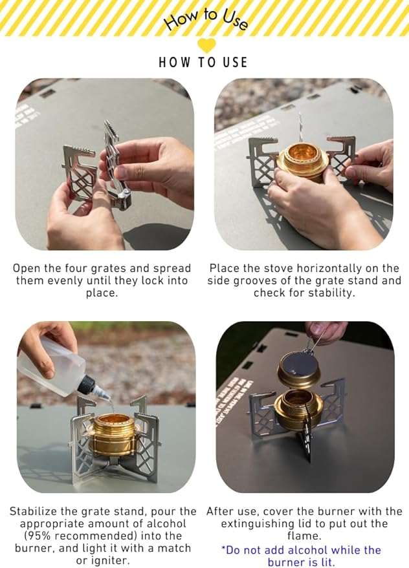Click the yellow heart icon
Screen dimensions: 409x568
pyautogui.click(x=206, y=46)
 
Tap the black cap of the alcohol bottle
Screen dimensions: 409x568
pyautogui.click(x=87, y=384)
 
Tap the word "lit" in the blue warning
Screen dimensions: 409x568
pyautogui.click(x=327, y=562)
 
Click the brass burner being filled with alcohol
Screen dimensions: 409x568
pyautogui.click(x=114, y=434)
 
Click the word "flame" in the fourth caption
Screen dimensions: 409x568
pyautogui.click(x=302, y=536)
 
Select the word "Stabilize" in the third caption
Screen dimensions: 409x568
pyautogui.click(x=33, y=512)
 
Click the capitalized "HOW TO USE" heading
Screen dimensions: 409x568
pyautogui.click(x=203, y=62)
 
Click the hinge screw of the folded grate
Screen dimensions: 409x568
pyautogui.click(x=124, y=192)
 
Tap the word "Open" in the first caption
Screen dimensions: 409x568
pyautogui.click(x=27, y=269)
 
